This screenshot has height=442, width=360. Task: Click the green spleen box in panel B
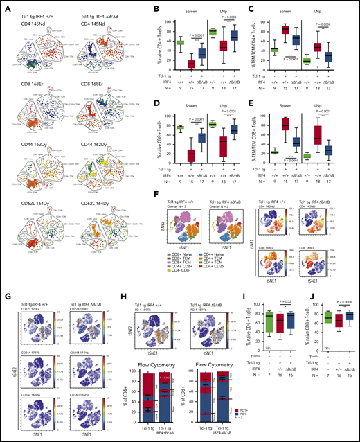[x=161, y=43]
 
